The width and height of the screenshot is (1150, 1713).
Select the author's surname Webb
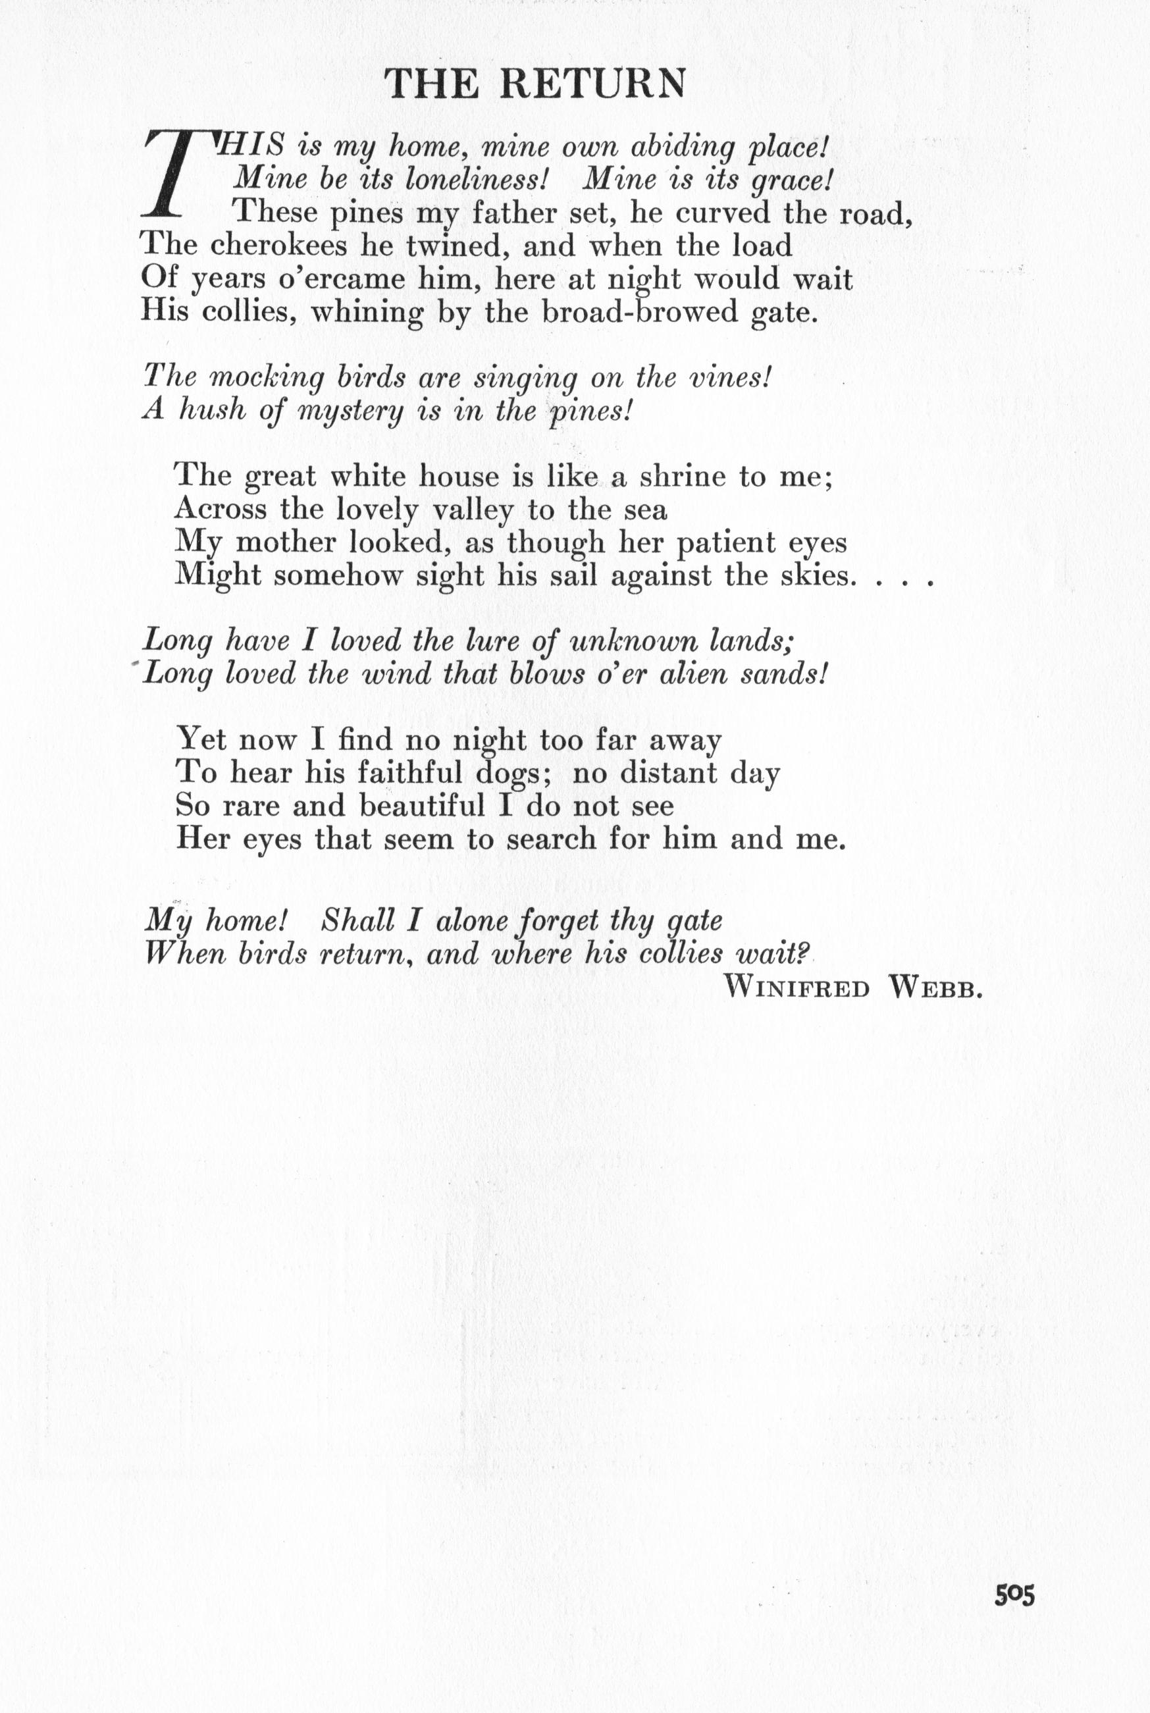coord(935,989)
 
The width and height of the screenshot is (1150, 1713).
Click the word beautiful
coord(423,806)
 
